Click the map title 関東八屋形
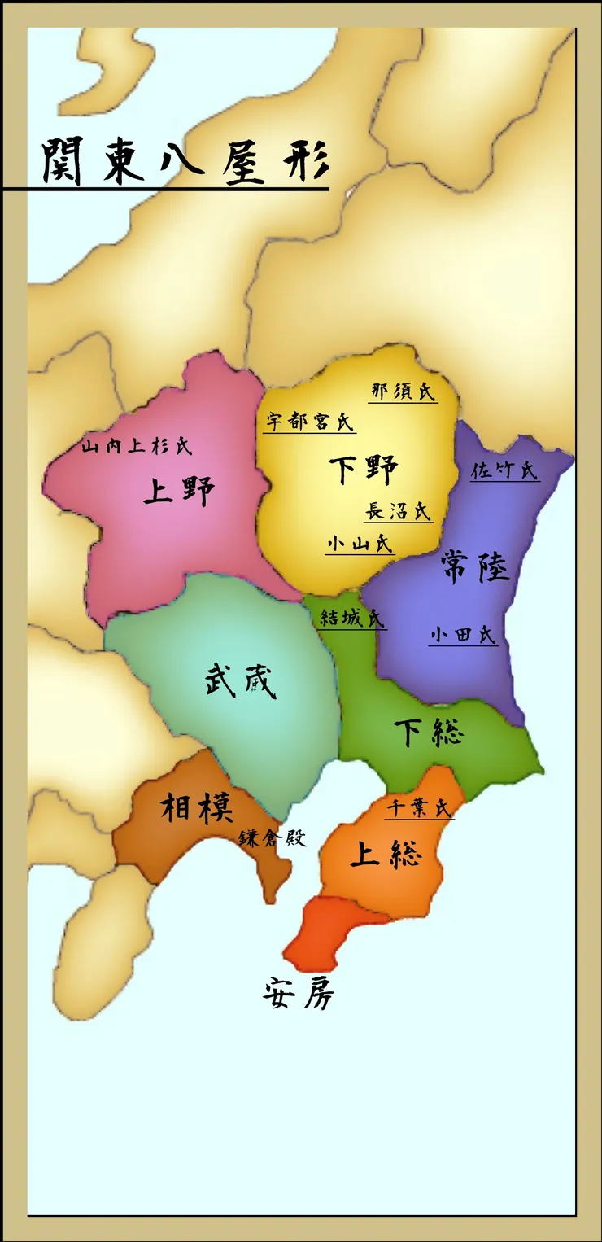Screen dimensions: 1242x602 pos(185,160)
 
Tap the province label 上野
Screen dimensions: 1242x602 pos(179,491)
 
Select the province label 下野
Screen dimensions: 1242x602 pos(364,470)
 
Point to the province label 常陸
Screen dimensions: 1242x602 pos(475,566)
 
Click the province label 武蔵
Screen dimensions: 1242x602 pos(240,680)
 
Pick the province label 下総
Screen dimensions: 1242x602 pos(428,732)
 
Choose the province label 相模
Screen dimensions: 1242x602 pos(197,808)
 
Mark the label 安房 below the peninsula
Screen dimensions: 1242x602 pos(299,993)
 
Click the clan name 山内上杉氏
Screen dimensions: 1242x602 pos(137,446)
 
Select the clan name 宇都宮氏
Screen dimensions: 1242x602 pos(310,422)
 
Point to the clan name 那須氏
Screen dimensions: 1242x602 pos(403,391)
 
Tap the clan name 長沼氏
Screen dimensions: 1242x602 pos(398,511)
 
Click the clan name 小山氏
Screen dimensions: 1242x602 pos(359,544)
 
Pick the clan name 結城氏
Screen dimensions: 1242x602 pos(351,618)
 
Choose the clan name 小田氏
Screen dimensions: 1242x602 pos(463,635)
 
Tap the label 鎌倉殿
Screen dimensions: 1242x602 pos(273,838)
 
